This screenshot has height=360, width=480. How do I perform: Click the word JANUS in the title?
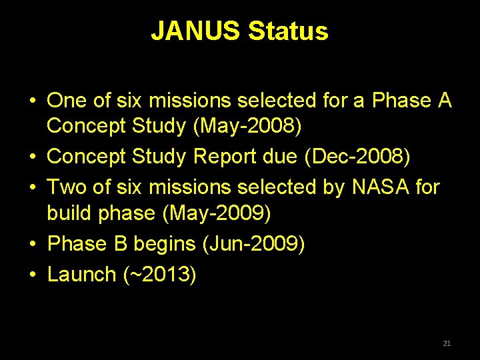196,31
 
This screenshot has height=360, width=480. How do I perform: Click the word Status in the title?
288,31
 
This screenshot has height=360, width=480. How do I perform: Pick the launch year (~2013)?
159,274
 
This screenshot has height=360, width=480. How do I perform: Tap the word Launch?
81,274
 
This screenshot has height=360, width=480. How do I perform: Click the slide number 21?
447,343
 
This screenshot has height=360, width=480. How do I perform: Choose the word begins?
165,244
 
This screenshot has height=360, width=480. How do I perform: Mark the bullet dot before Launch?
32,274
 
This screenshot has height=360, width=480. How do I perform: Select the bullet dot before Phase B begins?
32,244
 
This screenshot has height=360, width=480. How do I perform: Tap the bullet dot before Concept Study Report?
32,156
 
